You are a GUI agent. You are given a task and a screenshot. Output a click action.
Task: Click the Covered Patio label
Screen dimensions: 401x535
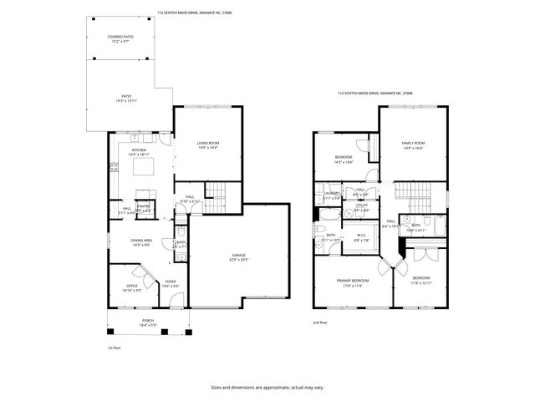pyautogui.click(x=123, y=39)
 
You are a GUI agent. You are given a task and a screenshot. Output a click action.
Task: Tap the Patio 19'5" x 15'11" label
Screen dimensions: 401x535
pyautogui.click(x=126, y=99)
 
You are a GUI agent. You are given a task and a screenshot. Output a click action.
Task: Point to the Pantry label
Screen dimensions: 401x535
pyautogui.click(x=143, y=208)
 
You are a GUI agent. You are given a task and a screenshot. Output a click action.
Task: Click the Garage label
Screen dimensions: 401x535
pyautogui.click(x=239, y=257)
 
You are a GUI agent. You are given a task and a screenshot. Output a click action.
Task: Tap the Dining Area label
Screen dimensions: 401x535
pyautogui.click(x=140, y=242)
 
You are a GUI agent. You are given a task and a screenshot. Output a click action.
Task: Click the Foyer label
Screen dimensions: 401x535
pyautogui.click(x=171, y=284)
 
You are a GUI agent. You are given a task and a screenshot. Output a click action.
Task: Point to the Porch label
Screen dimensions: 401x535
pyautogui.click(x=147, y=322)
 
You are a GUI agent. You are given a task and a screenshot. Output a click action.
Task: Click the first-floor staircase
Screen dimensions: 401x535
pyautogui.click(x=216, y=189)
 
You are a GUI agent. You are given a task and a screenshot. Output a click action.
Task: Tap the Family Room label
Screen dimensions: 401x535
pyautogui.click(x=413, y=146)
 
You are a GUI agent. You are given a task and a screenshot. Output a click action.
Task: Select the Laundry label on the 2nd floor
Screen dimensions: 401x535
pyautogui.click(x=332, y=195)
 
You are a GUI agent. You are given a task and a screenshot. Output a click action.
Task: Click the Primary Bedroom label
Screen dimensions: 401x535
pyautogui.click(x=353, y=282)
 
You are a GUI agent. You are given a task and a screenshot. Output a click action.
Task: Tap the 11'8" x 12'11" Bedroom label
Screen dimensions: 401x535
pyautogui.click(x=420, y=280)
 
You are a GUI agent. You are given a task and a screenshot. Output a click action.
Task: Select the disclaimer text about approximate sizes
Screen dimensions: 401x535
pyautogui.click(x=267, y=387)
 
